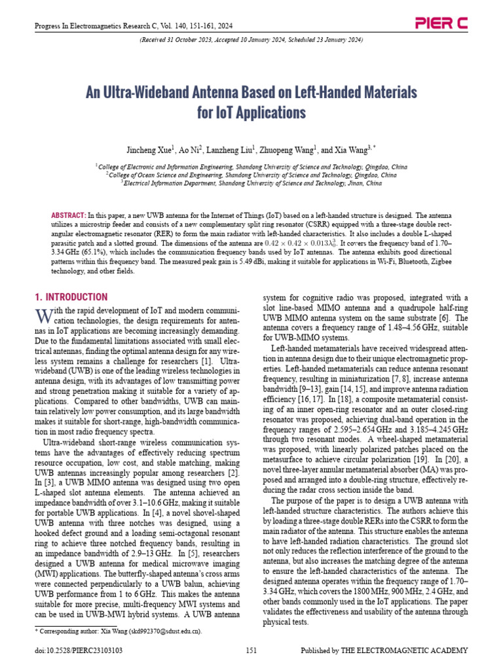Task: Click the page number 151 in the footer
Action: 251,650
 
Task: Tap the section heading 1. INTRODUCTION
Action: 70,297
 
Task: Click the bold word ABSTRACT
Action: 68,215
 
